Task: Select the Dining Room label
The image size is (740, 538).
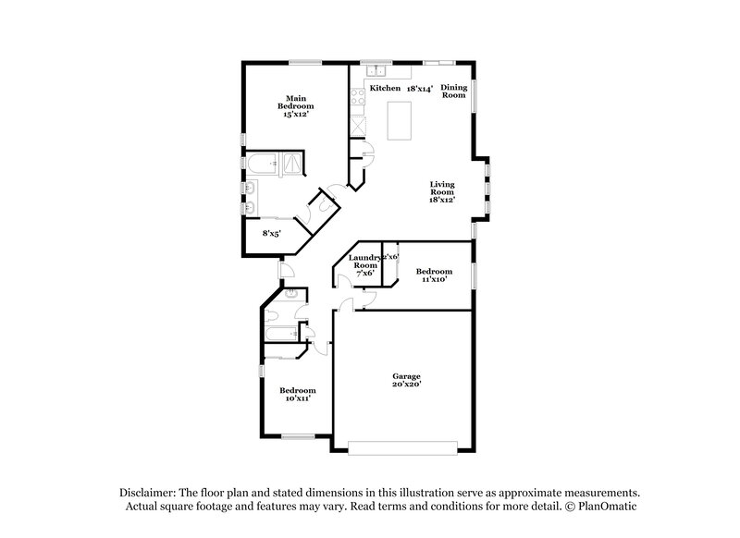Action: [453, 91]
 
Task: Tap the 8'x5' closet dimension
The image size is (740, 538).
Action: [272, 234]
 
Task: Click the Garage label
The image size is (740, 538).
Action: [406, 376]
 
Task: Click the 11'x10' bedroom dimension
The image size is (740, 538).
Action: [432, 278]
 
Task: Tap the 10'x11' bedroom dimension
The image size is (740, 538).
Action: [297, 398]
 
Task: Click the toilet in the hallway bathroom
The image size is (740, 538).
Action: [290, 295]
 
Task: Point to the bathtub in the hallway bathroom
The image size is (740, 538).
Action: [279, 334]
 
